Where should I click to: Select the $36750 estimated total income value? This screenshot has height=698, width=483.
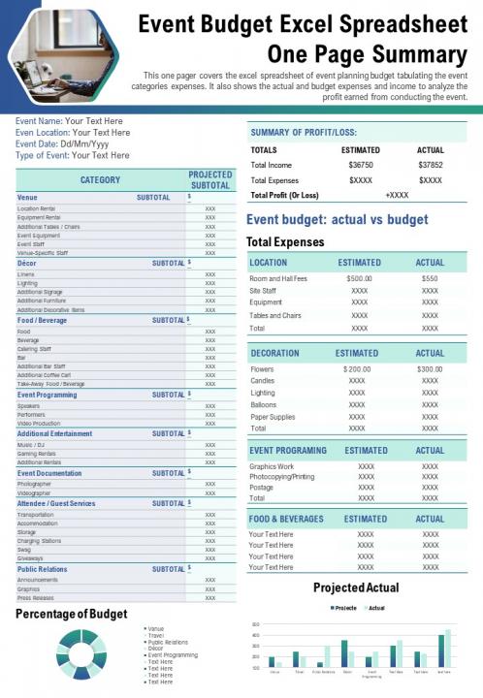point(361,165)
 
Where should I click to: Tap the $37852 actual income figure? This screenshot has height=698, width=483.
point(430,165)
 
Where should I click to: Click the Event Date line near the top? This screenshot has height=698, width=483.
point(61,143)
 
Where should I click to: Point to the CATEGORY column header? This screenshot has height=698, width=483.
point(101,179)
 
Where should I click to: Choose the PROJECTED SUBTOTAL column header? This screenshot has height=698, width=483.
point(210,179)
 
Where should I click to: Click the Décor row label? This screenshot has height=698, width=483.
point(27,263)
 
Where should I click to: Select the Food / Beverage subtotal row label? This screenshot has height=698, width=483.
point(43,320)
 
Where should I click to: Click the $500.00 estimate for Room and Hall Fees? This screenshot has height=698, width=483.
point(359,278)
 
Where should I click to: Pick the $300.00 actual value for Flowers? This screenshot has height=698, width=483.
point(430,369)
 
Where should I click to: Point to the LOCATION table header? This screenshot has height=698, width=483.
point(269,263)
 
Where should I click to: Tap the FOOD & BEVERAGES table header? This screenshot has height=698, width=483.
point(286,519)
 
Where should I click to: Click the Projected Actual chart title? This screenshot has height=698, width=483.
point(356,588)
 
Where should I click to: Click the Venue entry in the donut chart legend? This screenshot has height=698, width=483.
point(156,629)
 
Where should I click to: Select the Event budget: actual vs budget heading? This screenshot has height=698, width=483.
point(337,220)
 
